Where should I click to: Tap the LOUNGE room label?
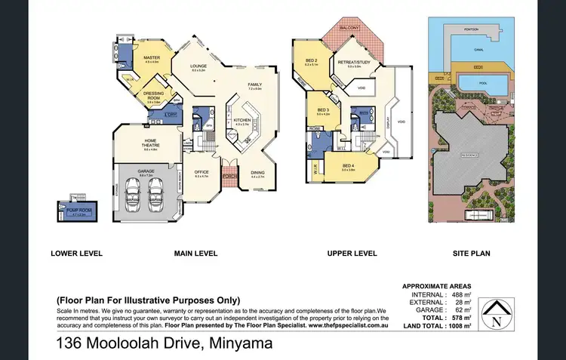[x=198, y=66]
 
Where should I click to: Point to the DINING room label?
[x=258, y=172]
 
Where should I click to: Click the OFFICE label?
[x=201, y=172]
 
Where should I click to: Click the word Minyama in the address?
[x=227, y=344]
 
